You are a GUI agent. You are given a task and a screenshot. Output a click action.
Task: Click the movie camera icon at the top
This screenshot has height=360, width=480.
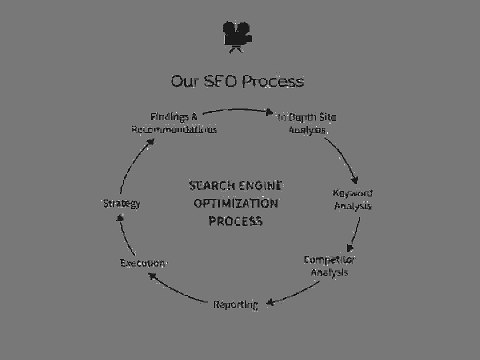[x=238, y=37]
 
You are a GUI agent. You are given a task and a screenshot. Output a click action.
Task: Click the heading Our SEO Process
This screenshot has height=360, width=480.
[x=237, y=81]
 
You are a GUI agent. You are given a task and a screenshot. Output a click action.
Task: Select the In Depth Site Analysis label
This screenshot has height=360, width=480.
[x=307, y=123]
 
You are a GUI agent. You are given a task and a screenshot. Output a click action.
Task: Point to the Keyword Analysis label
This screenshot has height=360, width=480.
[x=352, y=199]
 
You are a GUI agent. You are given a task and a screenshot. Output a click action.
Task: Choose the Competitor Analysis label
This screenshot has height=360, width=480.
[x=329, y=265]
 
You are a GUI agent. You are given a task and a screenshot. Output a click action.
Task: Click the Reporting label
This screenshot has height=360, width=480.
[x=236, y=304]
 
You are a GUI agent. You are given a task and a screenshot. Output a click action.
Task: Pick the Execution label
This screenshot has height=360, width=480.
[x=143, y=262]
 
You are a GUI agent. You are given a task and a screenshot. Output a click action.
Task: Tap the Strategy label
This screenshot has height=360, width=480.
[x=121, y=203]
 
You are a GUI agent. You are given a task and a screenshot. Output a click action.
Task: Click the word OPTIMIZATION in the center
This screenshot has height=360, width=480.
[x=236, y=203]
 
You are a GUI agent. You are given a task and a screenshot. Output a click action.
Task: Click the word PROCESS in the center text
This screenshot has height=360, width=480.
[x=236, y=220]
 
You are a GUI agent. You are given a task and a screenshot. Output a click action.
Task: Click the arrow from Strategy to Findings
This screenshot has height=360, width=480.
[x=131, y=166]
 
